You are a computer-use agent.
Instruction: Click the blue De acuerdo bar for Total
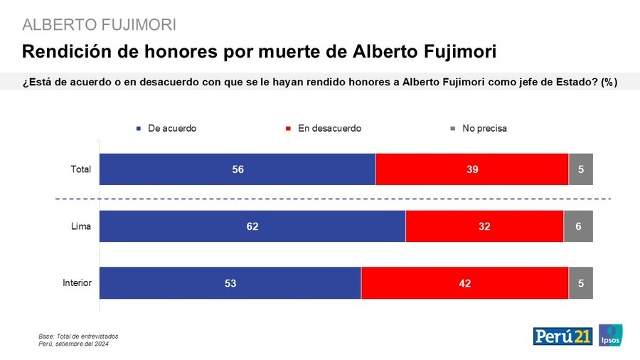tap(237, 169)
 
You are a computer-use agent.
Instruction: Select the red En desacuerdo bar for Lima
tap(484, 226)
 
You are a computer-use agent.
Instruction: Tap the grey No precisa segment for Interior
tap(580, 283)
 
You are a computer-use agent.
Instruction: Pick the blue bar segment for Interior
tap(230, 283)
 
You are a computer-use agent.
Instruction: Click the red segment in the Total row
tap(471, 169)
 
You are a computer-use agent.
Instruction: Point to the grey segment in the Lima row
tap(578, 226)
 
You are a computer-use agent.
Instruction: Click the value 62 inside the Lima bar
tap(252, 226)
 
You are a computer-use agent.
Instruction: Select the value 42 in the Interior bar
tap(464, 283)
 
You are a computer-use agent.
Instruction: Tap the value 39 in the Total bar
tap(471, 169)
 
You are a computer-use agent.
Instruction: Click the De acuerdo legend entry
tap(171, 129)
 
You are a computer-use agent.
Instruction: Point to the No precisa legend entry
tap(484, 129)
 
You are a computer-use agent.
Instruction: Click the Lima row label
tap(80, 226)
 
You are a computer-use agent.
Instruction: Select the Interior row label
tap(77, 283)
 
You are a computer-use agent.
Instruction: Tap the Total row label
tap(80, 169)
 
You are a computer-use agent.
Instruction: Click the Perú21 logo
tap(562, 336)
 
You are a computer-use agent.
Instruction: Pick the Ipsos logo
tap(610, 336)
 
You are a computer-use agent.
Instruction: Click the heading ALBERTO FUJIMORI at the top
tap(100, 25)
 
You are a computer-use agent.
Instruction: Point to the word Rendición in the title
tap(63, 52)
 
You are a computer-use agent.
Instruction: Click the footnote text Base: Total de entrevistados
tap(78, 336)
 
